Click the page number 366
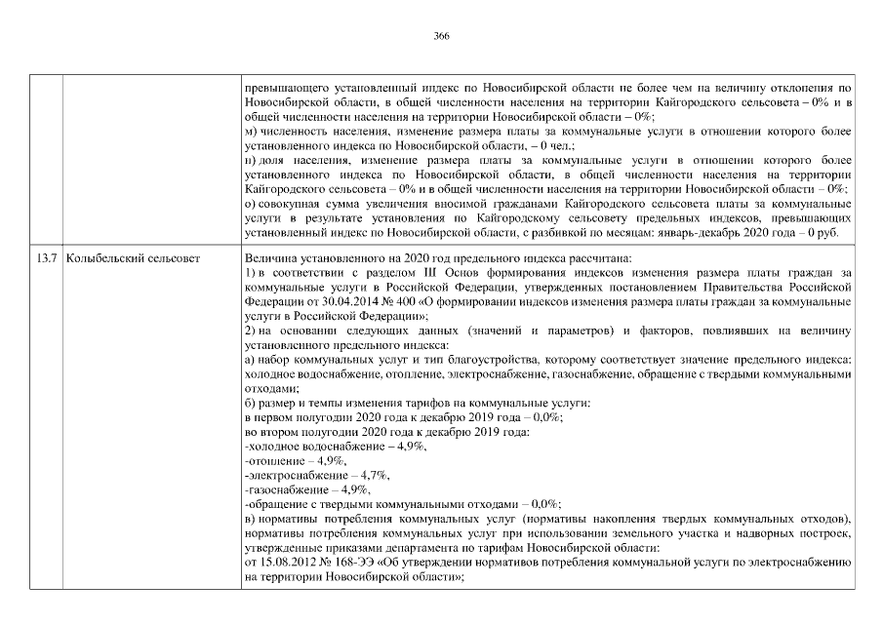pyautogui.click(x=441, y=35)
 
